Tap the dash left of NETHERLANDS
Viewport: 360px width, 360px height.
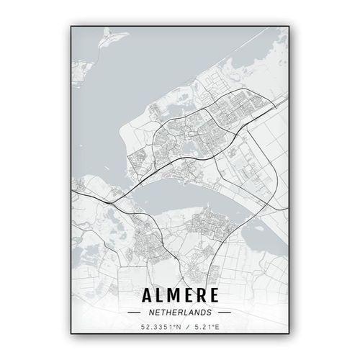[133, 312]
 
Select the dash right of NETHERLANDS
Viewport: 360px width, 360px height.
[224, 312]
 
